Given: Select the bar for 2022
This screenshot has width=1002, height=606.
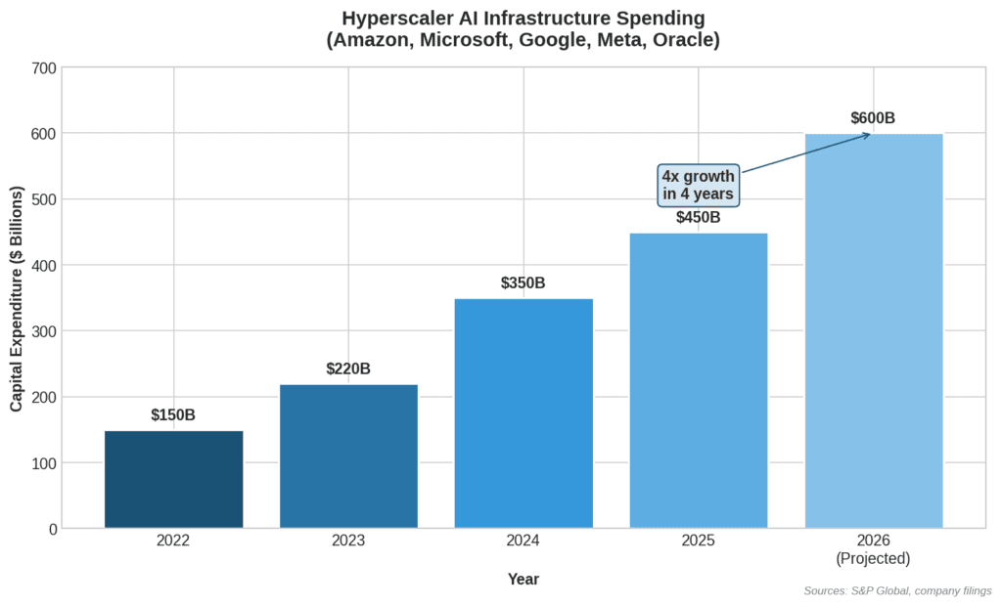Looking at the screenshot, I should tap(173, 479).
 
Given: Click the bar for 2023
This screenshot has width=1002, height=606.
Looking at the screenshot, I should tap(348, 456).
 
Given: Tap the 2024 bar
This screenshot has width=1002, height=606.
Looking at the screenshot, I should tap(524, 413).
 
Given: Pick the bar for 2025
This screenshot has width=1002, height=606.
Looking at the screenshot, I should tap(699, 380).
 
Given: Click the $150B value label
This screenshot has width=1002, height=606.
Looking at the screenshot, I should tap(173, 415).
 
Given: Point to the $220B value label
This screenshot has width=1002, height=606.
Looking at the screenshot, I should tap(348, 369).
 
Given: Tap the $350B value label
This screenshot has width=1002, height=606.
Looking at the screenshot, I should tap(524, 283).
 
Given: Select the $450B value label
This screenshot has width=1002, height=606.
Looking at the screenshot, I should tap(699, 217).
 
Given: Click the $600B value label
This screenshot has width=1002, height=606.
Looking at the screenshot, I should tap(873, 118).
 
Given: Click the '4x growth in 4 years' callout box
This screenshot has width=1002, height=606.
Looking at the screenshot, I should tap(698, 185).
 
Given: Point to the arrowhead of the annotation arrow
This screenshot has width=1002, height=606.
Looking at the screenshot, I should tap(867, 134).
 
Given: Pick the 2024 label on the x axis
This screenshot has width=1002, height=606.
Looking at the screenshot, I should tap(524, 541).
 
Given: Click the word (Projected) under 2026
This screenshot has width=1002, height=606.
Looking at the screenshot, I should tap(873, 559).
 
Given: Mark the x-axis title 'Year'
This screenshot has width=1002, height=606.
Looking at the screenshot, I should tap(524, 579).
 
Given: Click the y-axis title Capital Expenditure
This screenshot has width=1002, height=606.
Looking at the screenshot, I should tap(18, 298).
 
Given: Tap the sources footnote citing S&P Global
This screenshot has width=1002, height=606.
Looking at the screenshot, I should tap(896, 590).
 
